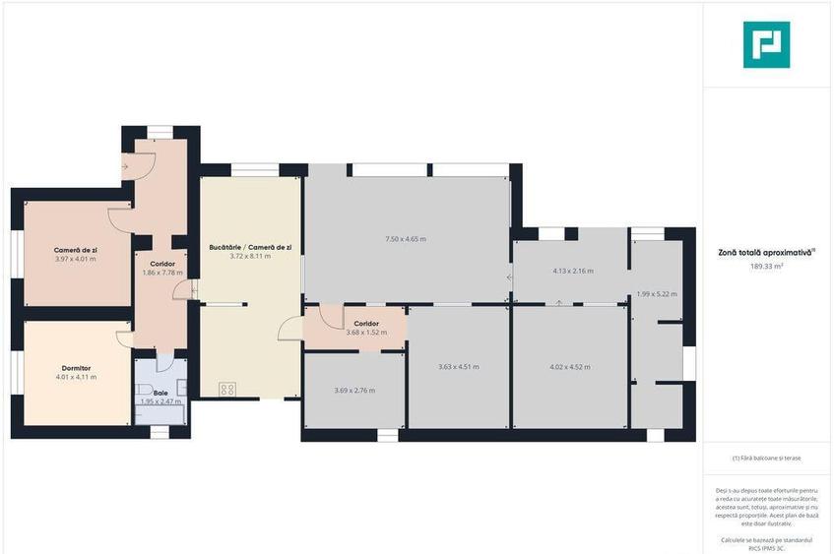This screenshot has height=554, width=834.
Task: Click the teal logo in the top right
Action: [x=766, y=44]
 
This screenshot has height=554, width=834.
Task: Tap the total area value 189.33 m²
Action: [x=766, y=266]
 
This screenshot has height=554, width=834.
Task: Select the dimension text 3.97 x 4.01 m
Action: [x=76, y=259]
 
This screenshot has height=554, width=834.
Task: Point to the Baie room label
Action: [x=160, y=393]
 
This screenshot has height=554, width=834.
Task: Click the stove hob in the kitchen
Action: [x=226, y=388]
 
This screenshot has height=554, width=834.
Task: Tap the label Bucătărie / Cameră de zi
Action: [x=250, y=247]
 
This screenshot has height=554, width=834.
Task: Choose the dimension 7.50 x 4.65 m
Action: [x=405, y=239]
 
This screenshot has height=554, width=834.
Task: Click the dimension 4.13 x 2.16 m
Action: [x=573, y=271]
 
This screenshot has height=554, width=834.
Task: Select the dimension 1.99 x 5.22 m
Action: [x=657, y=293]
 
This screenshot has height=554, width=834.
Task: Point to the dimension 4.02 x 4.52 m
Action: [x=569, y=367]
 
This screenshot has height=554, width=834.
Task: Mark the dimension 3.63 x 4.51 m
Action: [x=458, y=367]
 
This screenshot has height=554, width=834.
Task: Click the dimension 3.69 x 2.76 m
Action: [x=354, y=391]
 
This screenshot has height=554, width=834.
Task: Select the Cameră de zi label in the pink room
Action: [x=76, y=250]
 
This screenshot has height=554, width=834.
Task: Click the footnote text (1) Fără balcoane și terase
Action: [x=766, y=459]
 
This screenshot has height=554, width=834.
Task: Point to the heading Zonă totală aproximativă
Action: [x=766, y=253]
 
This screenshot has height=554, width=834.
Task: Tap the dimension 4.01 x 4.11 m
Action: [x=76, y=377]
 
